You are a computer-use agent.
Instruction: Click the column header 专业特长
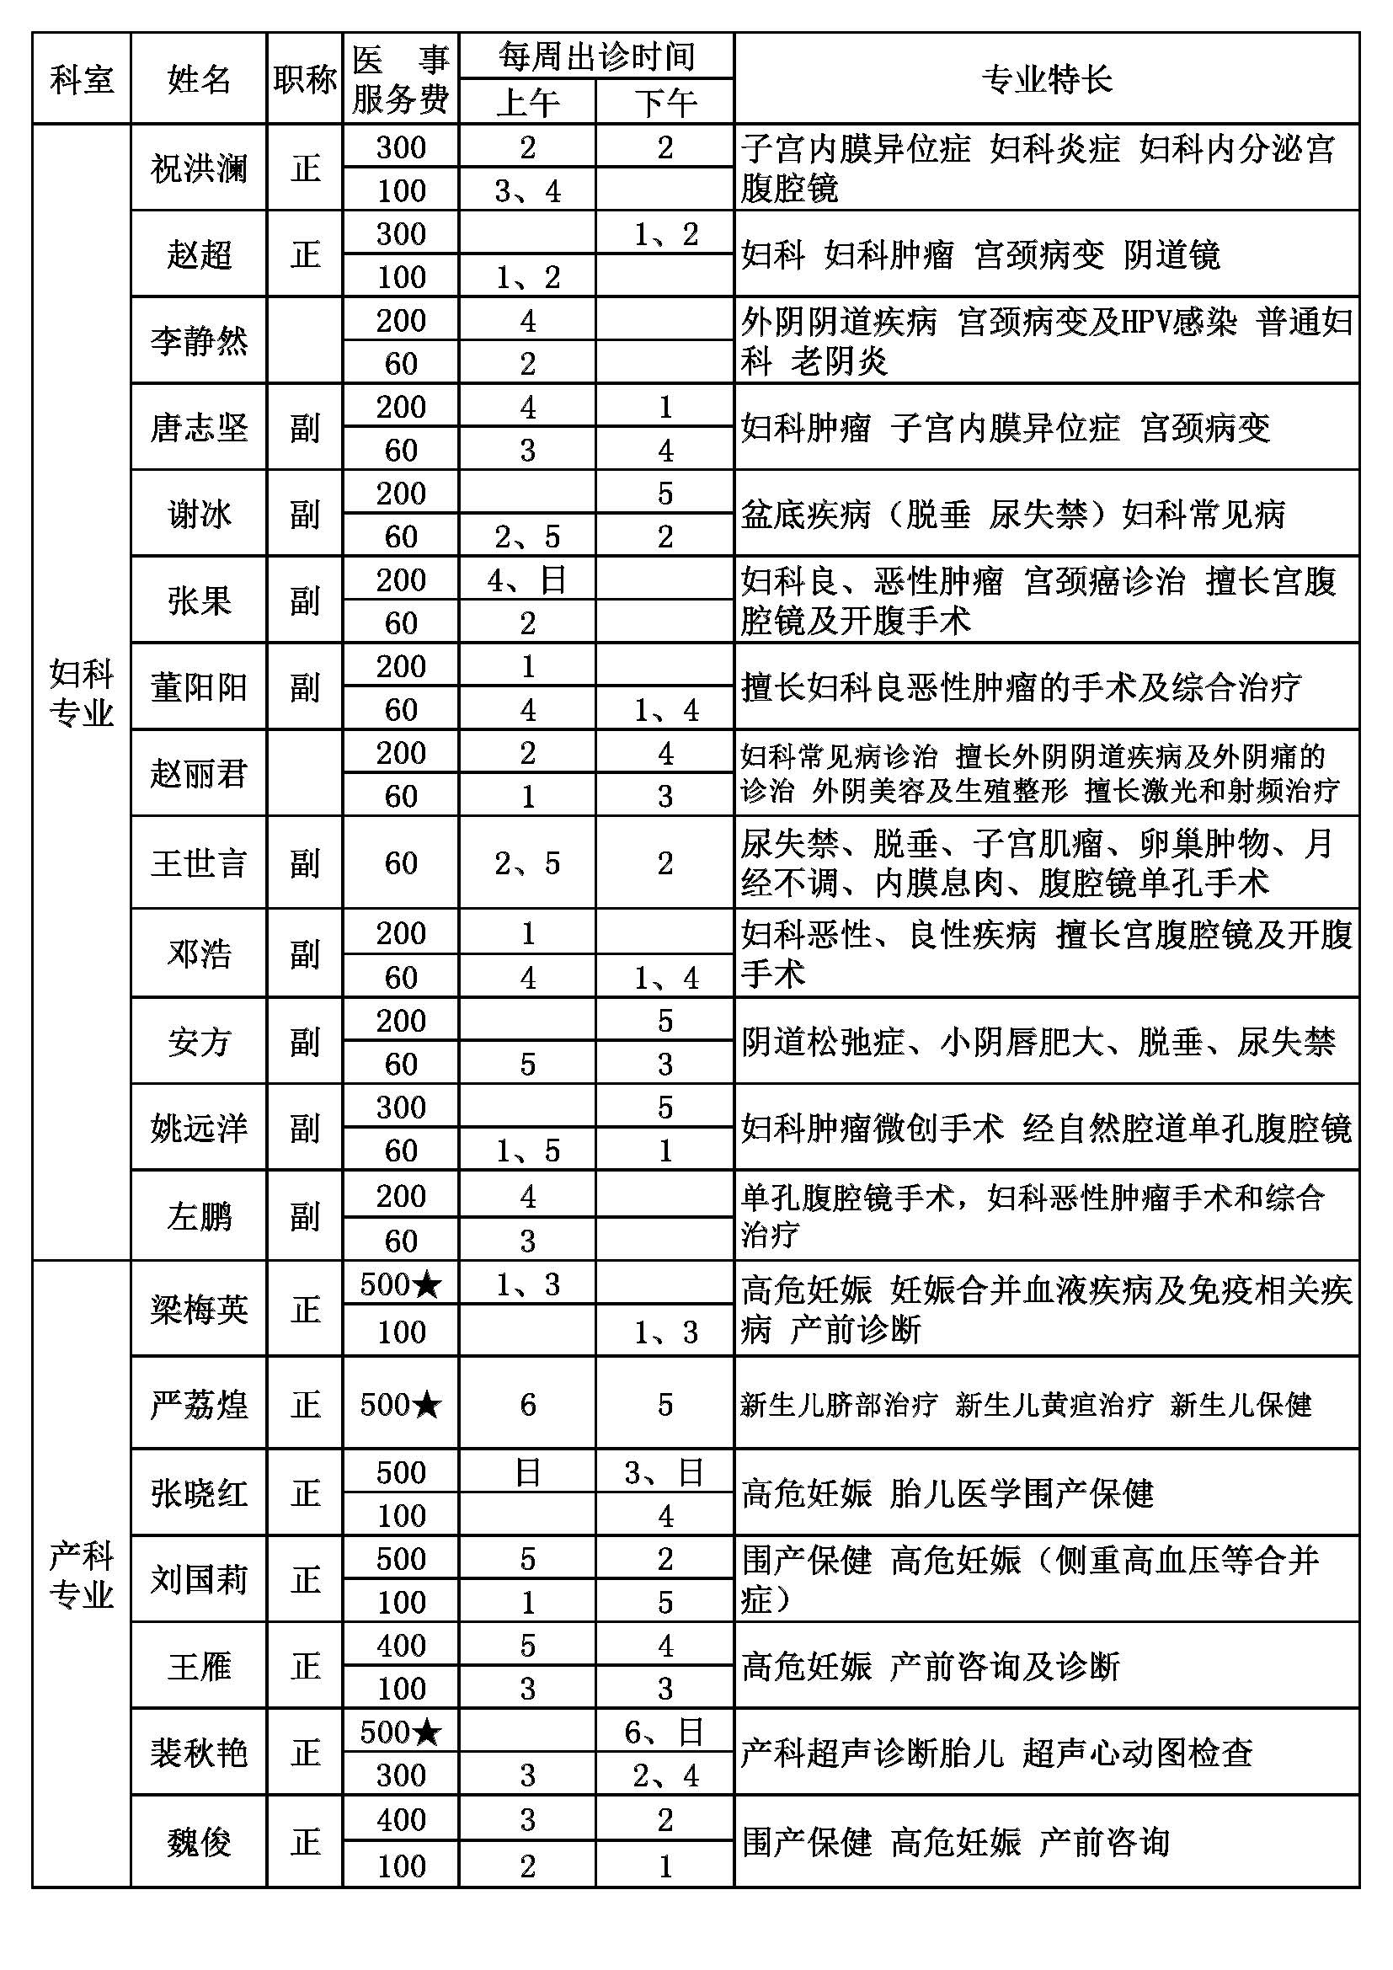point(1047,80)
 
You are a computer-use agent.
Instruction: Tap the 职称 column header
point(305,80)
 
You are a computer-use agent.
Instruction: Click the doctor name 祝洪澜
point(199,168)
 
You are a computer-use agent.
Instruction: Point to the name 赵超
point(199,255)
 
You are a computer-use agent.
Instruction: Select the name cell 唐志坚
point(199,427)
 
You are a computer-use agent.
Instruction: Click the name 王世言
point(199,862)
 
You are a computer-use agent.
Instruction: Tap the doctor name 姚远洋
point(199,1128)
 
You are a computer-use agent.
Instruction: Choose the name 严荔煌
point(199,1405)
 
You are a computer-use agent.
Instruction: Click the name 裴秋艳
point(199,1752)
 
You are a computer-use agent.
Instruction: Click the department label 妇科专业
point(82,693)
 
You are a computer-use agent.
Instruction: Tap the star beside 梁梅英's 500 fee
point(427,1284)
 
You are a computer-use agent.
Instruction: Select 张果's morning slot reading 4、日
point(526,580)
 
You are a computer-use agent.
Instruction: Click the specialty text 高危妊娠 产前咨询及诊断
point(931,1666)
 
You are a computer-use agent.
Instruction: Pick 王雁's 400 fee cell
point(401,1645)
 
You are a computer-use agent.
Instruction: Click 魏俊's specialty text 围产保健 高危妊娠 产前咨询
point(956,1841)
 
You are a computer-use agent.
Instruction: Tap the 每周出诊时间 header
point(596,56)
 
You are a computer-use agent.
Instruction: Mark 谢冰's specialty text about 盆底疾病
point(1013,514)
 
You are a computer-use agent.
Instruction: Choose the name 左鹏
point(199,1216)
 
